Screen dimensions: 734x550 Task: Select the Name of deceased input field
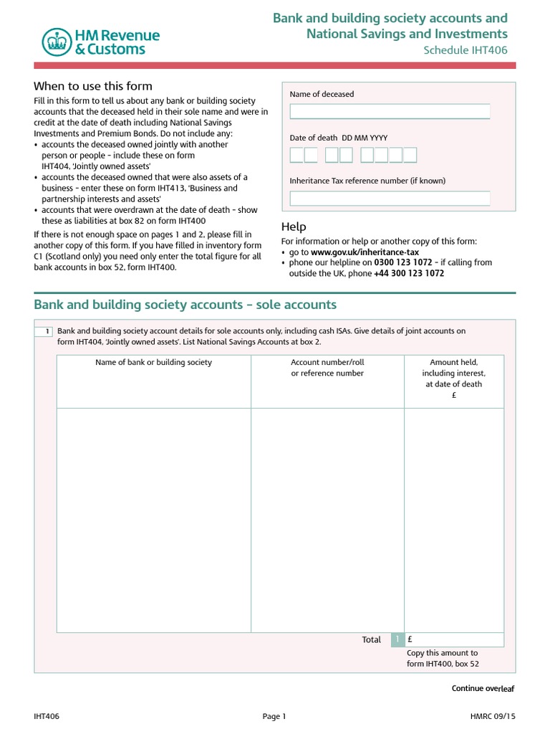tap(390, 111)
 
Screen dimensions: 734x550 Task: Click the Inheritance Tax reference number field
tap(390, 199)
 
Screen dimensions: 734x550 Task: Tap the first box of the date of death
tap(296, 155)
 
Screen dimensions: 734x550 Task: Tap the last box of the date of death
tap(410, 155)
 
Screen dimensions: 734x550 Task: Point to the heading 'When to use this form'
tap(93, 86)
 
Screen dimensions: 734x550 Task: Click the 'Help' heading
tap(294, 227)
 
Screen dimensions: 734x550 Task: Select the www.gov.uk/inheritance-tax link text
tap(365, 252)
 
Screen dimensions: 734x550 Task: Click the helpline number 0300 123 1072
tap(403, 262)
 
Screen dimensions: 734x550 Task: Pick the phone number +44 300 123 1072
tap(409, 273)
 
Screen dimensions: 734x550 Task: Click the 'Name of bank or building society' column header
tap(154, 363)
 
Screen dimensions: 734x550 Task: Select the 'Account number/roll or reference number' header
tap(327, 368)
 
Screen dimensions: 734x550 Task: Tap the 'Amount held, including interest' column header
tap(454, 373)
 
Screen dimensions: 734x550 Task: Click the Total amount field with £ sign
tap(454, 639)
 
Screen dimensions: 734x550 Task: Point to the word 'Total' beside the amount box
tap(372, 639)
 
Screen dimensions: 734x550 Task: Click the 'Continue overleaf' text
tap(483, 688)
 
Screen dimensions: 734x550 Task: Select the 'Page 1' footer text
tap(274, 716)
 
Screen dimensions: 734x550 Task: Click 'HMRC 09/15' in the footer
tap(492, 716)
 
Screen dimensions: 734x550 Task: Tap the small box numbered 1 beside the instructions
tap(45, 331)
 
